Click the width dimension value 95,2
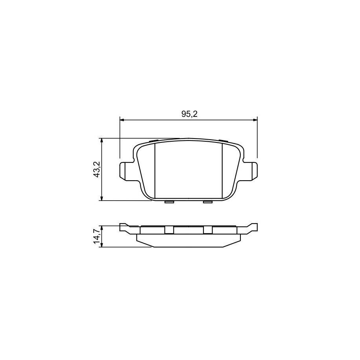(x=189, y=114)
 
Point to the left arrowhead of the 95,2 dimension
(x=122, y=120)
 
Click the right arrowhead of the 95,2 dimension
(x=255, y=120)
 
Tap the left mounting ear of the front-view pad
(x=126, y=171)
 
